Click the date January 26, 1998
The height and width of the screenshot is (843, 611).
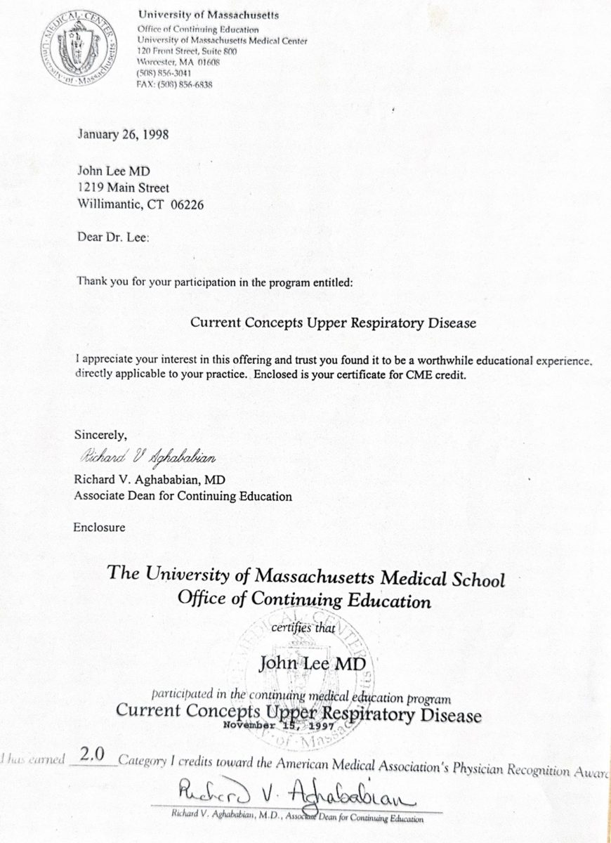(122, 134)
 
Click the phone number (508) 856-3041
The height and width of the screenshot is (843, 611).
(163, 72)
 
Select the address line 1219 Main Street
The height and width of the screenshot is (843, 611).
(123, 188)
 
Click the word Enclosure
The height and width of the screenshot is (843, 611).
(99, 528)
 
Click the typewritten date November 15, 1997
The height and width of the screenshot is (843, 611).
(279, 726)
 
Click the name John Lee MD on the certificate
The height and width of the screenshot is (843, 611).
(313, 662)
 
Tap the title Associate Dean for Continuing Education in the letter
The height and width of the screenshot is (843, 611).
(183, 496)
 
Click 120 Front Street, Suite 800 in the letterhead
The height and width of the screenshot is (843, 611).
(188, 51)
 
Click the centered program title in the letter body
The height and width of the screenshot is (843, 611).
(333, 323)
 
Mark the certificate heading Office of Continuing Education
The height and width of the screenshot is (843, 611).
(304, 601)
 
